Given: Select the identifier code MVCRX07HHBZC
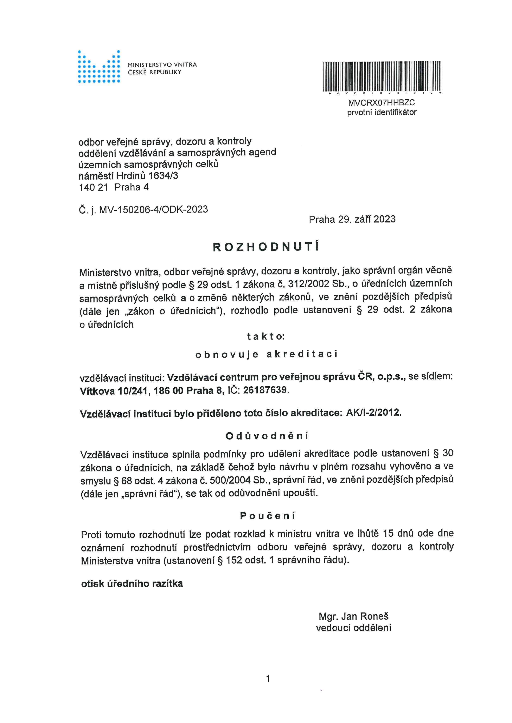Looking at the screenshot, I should [x=382, y=103].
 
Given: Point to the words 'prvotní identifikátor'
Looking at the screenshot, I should [x=382, y=112].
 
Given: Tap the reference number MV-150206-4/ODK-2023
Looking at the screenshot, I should [x=153, y=209].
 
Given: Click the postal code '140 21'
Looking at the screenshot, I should [x=93, y=187].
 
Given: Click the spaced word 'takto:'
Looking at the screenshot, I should [x=266, y=337].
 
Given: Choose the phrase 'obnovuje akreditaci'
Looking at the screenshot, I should [x=266, y=355].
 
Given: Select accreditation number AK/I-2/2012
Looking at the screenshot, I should [x=374, y=413].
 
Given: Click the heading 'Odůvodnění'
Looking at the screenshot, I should [x=267, y=436].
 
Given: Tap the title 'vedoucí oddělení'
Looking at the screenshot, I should [x=353, y=628].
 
